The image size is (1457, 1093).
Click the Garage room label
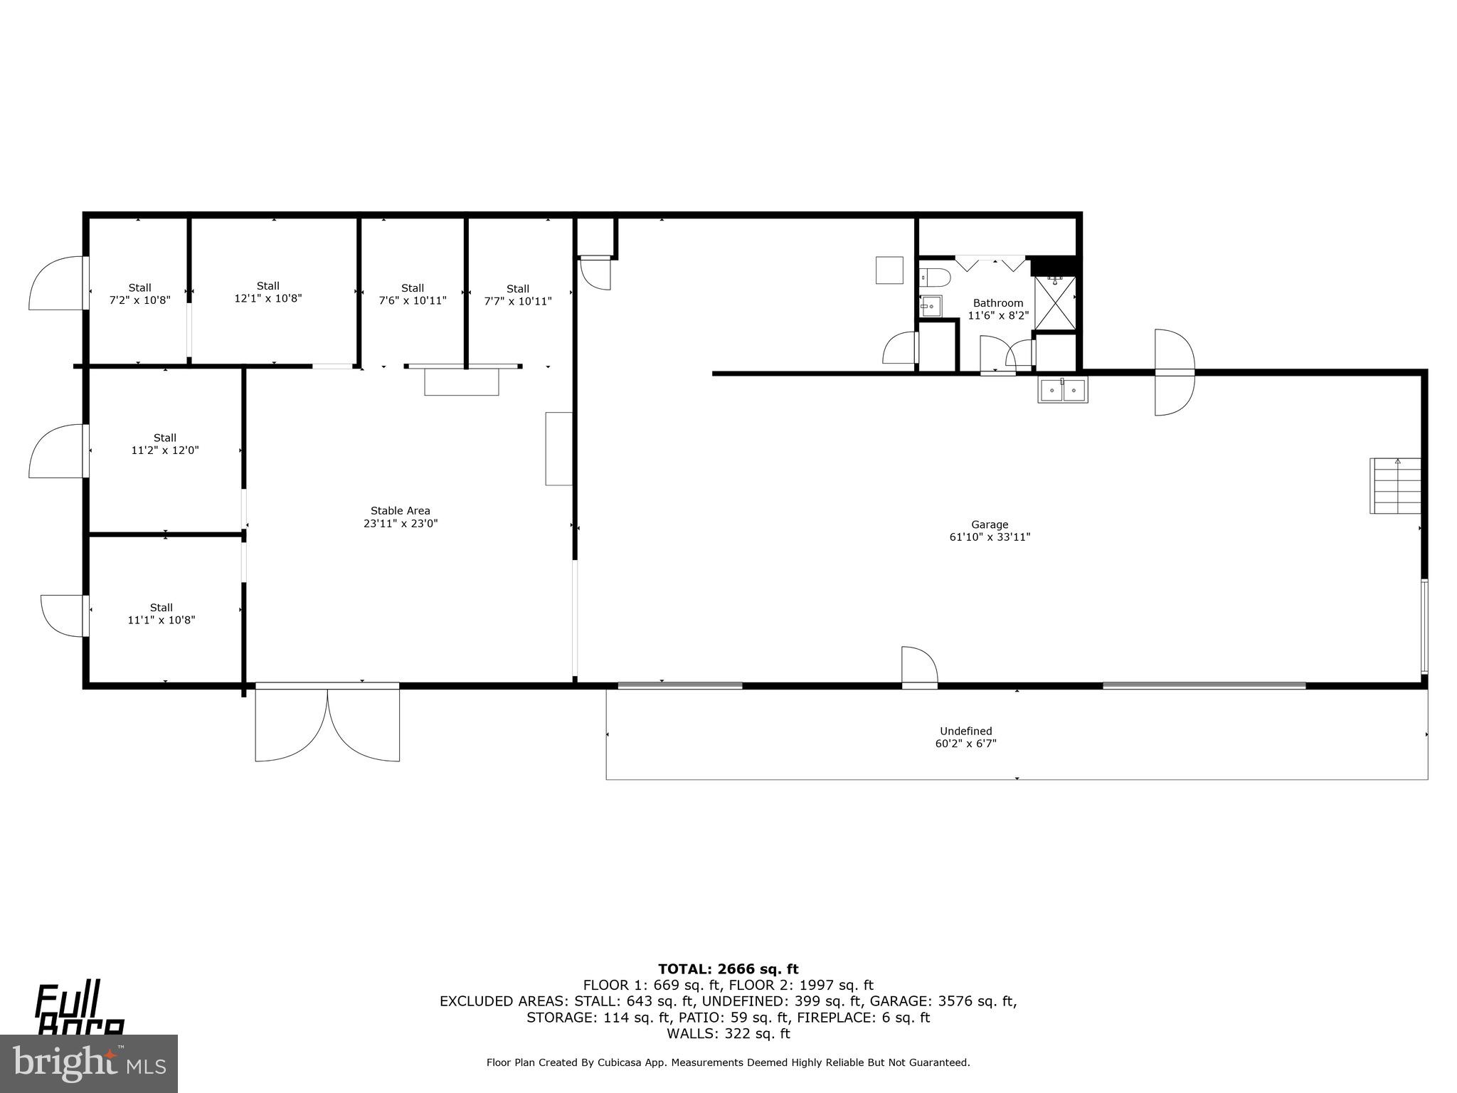pos(990,525)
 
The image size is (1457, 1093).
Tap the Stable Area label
pos(400,511)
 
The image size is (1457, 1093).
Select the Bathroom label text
pos(997,303)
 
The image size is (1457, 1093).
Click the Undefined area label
pos(965,731)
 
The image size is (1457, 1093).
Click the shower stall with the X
pos(1055,303)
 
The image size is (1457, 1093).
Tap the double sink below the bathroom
pos(1062,390)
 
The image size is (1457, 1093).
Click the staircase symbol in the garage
pos(1394,485)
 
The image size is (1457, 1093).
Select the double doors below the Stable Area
pos(327,722)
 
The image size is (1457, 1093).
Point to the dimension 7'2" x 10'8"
pos(139,300)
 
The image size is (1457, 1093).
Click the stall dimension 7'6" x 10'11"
pos(413,300)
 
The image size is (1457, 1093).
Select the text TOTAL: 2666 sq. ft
pos(728,968)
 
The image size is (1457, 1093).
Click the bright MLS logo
pos(89,1063)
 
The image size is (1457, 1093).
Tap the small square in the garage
pos(889,270)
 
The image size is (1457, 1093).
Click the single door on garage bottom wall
pos(919,667)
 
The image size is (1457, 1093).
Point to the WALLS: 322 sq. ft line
pos(728,1033)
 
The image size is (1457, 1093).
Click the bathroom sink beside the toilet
pos(931,307)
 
